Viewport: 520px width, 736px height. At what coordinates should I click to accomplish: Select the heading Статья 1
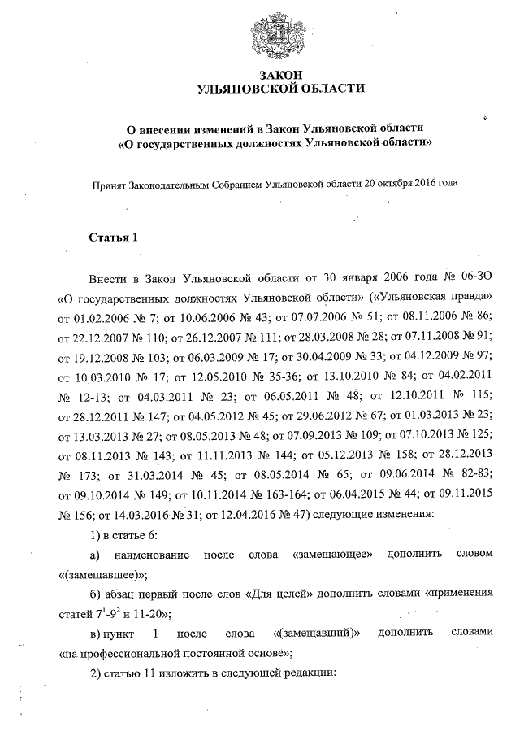115,238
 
